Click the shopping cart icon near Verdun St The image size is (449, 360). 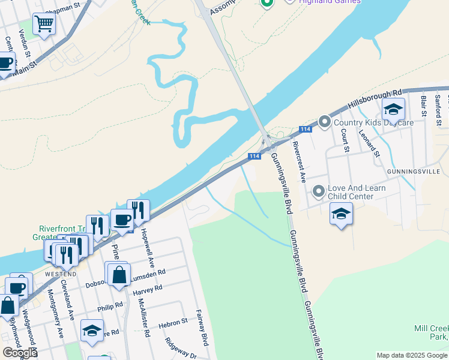[44, 25]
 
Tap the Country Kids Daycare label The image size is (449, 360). [374, 122]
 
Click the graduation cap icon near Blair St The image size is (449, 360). [393, 109]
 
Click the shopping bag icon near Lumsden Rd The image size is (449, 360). [119, 274]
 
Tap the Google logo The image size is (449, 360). [19, 353]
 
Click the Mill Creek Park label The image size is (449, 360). [431, 333]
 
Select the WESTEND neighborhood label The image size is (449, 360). [60, 274]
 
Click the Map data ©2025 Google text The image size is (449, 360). [411, 355]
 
